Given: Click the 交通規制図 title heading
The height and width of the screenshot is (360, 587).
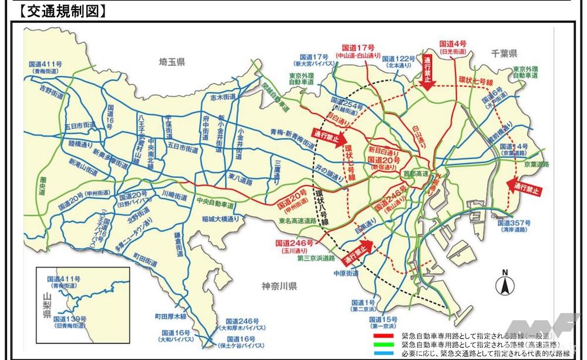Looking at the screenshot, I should click(x=56, y=10).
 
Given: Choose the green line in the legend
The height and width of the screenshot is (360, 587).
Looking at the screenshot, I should click(x=386, y=343).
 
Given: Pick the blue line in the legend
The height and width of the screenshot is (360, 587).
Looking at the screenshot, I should click(x=386, y=352).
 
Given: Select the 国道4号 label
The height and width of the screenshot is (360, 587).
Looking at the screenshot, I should click(x=453, y=44).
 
